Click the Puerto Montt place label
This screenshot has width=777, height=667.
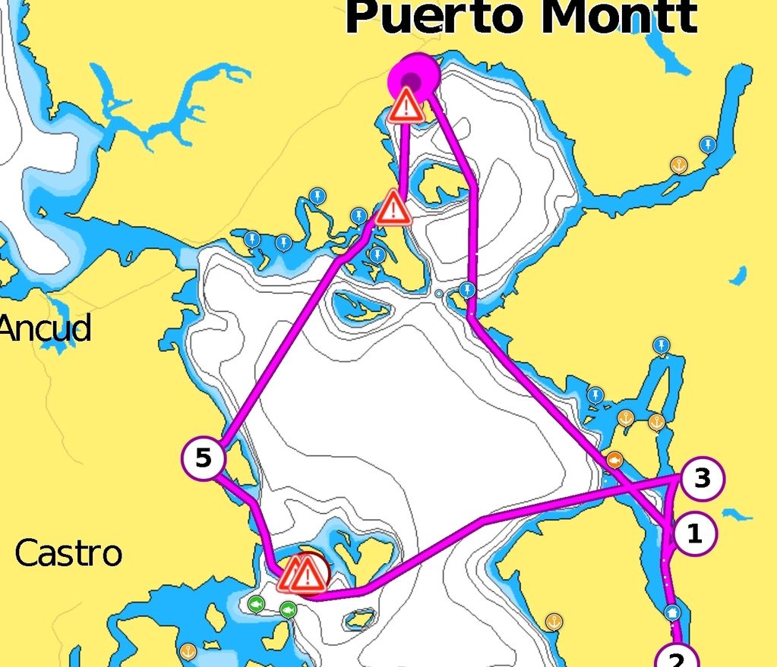click(521, 17)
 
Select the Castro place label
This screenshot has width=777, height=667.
click(68, 553)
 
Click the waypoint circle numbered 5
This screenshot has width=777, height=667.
click(204, 458)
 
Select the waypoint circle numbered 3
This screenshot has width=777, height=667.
click(702, 479)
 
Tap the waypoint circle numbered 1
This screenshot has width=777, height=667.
click(693, 534)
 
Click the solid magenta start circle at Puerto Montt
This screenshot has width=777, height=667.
click(414, 77)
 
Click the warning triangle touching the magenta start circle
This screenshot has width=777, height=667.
click(406, 106)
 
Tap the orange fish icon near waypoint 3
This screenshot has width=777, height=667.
click(614, 459)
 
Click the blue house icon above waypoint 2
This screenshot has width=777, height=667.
click(672, 612)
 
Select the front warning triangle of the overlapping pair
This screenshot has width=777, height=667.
click(307, 576)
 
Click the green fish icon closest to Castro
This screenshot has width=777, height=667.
click(255, 604)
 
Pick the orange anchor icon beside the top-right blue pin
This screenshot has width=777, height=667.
click(678, 164)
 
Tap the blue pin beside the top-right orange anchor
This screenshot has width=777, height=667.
click(708, 144)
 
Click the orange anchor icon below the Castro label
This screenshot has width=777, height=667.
click(188, 651)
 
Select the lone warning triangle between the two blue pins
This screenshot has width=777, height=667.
click(393, 207)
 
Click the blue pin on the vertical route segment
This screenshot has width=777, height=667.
click(468, 289)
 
